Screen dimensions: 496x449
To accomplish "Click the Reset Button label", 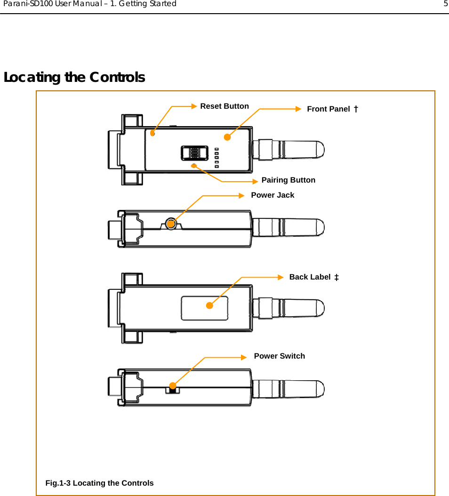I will [224, 106].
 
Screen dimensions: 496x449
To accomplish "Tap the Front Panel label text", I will [328, 109].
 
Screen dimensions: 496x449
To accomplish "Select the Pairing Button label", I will [288, 180].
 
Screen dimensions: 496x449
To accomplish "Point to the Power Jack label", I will [273, 195].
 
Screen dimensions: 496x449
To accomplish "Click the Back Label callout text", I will [310, 277].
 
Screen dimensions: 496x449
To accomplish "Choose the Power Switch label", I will [279, 356].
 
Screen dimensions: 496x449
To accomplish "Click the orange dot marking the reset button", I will [152, 133].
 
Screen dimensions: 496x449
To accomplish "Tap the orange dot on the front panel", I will [227, 137].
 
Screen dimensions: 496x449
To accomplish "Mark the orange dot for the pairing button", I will [194, 166].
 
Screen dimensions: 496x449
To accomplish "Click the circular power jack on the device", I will [172, 224].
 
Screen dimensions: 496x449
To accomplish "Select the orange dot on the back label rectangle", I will [209, 305].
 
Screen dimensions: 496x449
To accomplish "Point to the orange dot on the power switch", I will [173, 386].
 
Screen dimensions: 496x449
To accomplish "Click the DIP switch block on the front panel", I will [194, 153].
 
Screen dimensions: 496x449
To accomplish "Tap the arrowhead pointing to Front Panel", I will [297, 109].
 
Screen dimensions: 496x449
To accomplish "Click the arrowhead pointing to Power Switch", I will [243, 357].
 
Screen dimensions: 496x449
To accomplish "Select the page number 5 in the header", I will [445, 4].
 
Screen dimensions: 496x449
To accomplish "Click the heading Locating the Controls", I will [74, 77].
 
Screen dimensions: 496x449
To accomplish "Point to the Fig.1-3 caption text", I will [99, 483].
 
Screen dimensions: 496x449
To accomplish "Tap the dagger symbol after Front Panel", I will [356, 109].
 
